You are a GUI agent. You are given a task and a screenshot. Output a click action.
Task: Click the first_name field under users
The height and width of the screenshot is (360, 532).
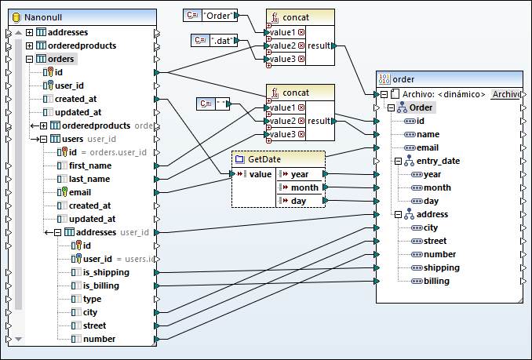[89, 165]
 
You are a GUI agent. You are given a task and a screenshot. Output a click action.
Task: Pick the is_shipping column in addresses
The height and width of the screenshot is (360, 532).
[105, 272]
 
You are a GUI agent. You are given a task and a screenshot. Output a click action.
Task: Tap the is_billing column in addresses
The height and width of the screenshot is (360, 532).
[100, 285]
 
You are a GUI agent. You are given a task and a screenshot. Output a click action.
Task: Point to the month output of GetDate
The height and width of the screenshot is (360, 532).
[304, 187]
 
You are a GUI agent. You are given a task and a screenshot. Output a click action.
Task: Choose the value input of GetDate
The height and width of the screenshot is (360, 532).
[260, 174]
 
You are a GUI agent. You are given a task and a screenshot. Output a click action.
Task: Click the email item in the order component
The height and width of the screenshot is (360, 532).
[427, 147]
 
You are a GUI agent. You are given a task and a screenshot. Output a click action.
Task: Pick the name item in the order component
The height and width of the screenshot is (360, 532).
[428, 134]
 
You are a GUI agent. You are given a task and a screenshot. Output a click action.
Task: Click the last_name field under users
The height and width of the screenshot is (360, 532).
[89, 179]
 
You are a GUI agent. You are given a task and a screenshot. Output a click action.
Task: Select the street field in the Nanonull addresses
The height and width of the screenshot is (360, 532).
[95, 325]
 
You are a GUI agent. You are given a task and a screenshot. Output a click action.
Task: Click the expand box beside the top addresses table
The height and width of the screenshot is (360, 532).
[29, 32]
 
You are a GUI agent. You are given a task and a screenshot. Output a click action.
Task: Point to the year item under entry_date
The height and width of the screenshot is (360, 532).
[432, 174]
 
